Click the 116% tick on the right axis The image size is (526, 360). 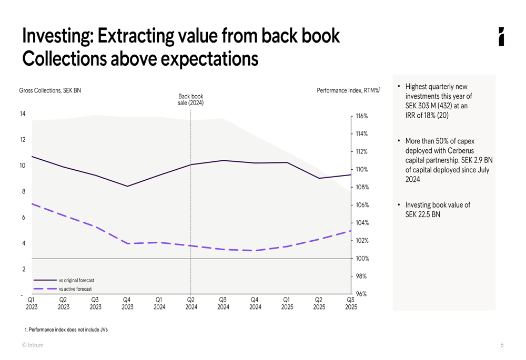pyautogui.click(x=361, y=116)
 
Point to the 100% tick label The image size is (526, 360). pyautogui.click(x=361, y=259)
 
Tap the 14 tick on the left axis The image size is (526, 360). pyautogui.click(x=23, y=114)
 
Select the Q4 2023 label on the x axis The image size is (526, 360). pyautogui.click(x=127, y=303)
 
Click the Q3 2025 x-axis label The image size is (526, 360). pyautogui.click(x=351, y=303)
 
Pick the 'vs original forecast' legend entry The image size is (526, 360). pyautogui.click(x=76, y=281)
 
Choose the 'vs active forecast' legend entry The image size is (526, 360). pyautogui.click(x=75, y=289)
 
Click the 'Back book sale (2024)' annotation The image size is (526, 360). pyautogui.click(x=190, y=99)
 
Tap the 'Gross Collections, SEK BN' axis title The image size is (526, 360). pyautogui.click(x=50, y=90)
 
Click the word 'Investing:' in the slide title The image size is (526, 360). pyautogui.click(x=57, y=36)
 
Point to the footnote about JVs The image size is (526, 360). pyautogui.click(x=66, y=330)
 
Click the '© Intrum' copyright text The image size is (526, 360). pyautogui.click(x=33, y=345)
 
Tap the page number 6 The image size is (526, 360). pyautogui.click(x=502, y=345)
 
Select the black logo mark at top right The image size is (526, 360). pyautogui.click(x=501, y=37)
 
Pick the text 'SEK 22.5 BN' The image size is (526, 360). pyautogui.click(x=422, y=214)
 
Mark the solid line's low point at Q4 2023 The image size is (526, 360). pyautogui.click(x=127, y=186)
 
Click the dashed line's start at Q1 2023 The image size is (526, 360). pyautogui.click(x=32, y=203)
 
